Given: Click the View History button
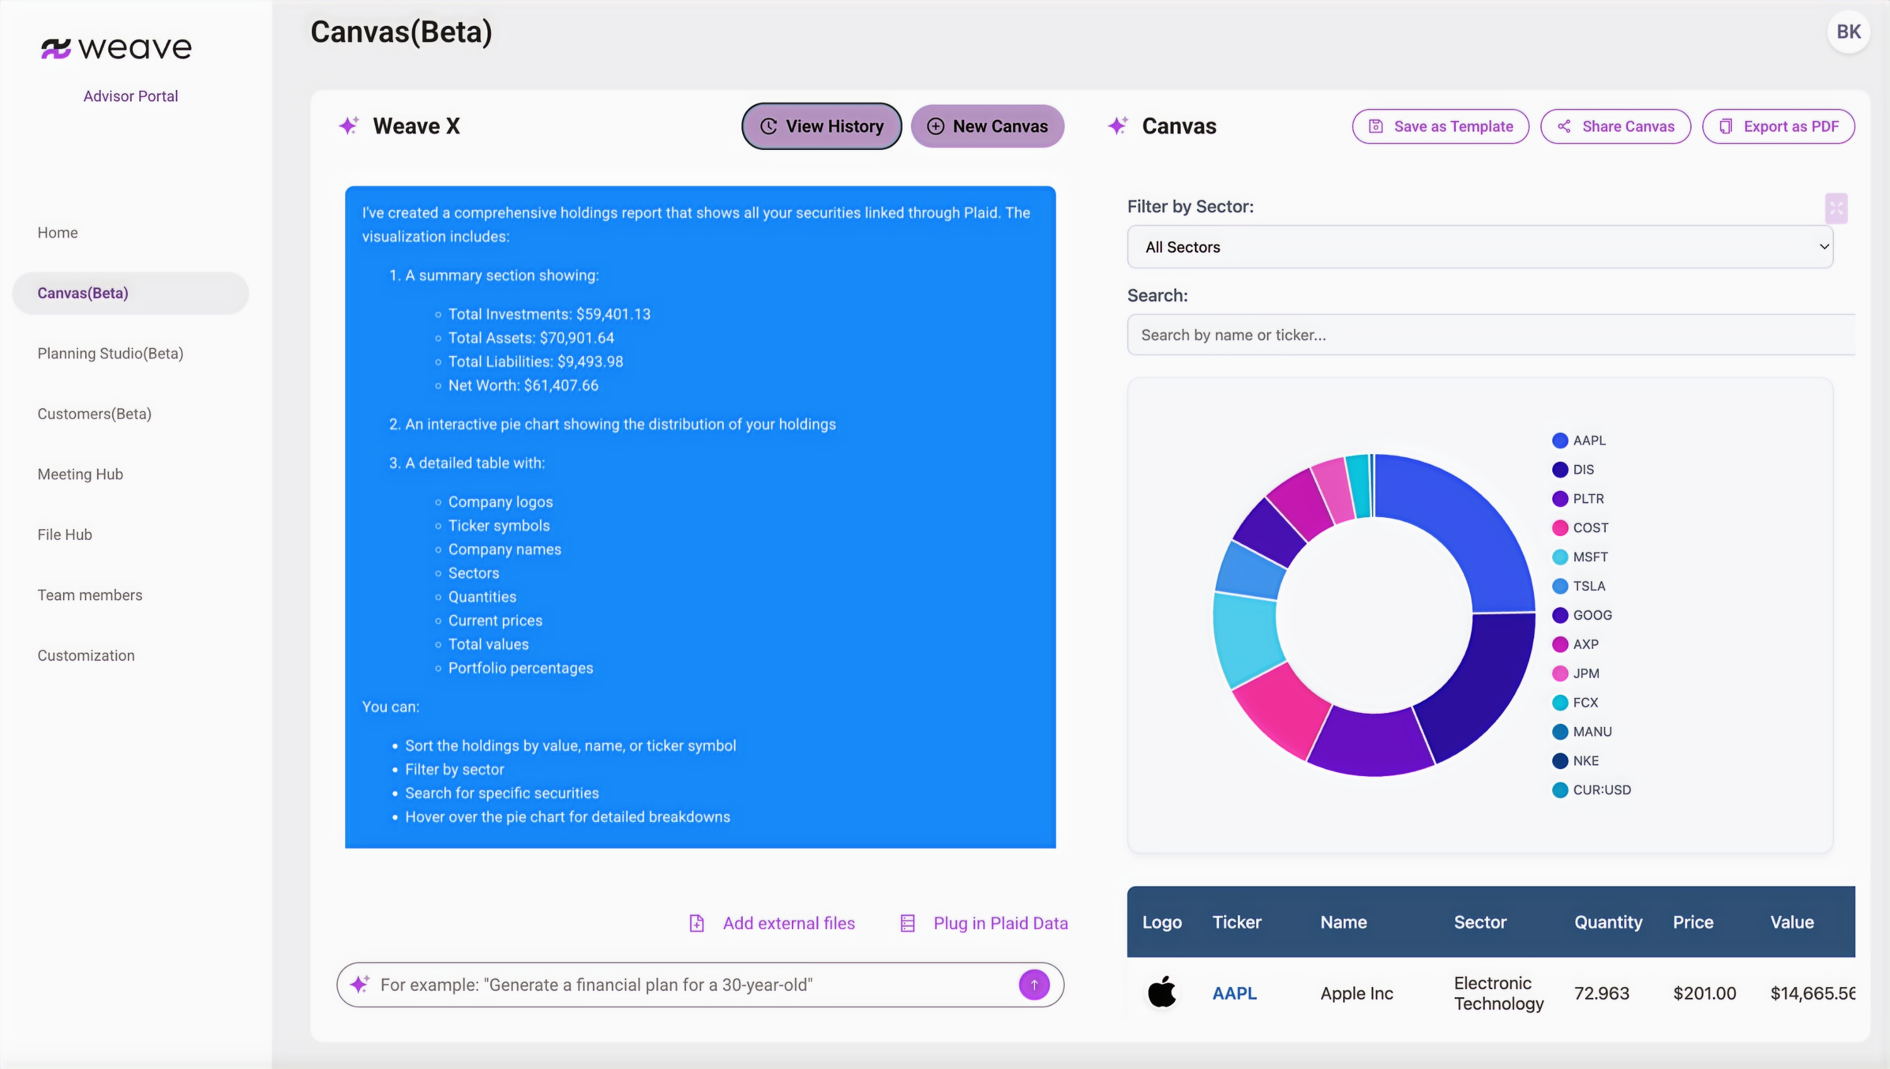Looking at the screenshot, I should pyautogui.click(x=821, y=126).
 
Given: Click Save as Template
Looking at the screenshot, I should pyautogui.click(x=1440, y=126).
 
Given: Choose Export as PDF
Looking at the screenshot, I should pyautogui.click(x=1778, y=126).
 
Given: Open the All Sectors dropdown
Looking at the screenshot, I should pyautogui.click(x=1479, y=247).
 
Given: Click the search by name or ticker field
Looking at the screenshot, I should pyautogui.click(x=1491, y=334).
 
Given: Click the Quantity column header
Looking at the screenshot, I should pyautogui.click(x=1607, y=922).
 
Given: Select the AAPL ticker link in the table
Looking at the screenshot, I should pyautogui.click(x=1234, y=993).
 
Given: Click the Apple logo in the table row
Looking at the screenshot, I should pyautogui.click(x=1162, y=992).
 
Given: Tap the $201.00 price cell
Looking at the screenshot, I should pyautogui.click(x=1704, y=993).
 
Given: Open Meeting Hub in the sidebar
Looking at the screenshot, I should pyautogui.click(x=80, y=474).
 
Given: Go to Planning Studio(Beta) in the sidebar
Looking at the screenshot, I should pyautogui.click(x=110, y=353).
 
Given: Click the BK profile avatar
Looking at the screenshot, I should pyautogui.click(x=1848, y=31).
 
